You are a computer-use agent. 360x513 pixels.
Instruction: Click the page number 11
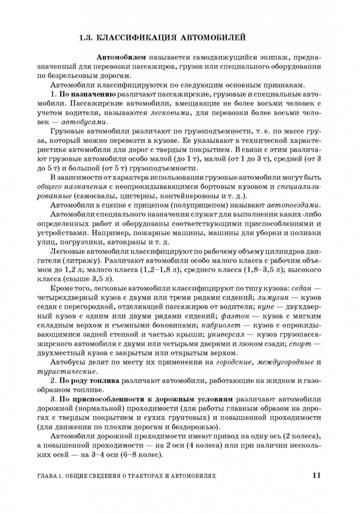point(317,475)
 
